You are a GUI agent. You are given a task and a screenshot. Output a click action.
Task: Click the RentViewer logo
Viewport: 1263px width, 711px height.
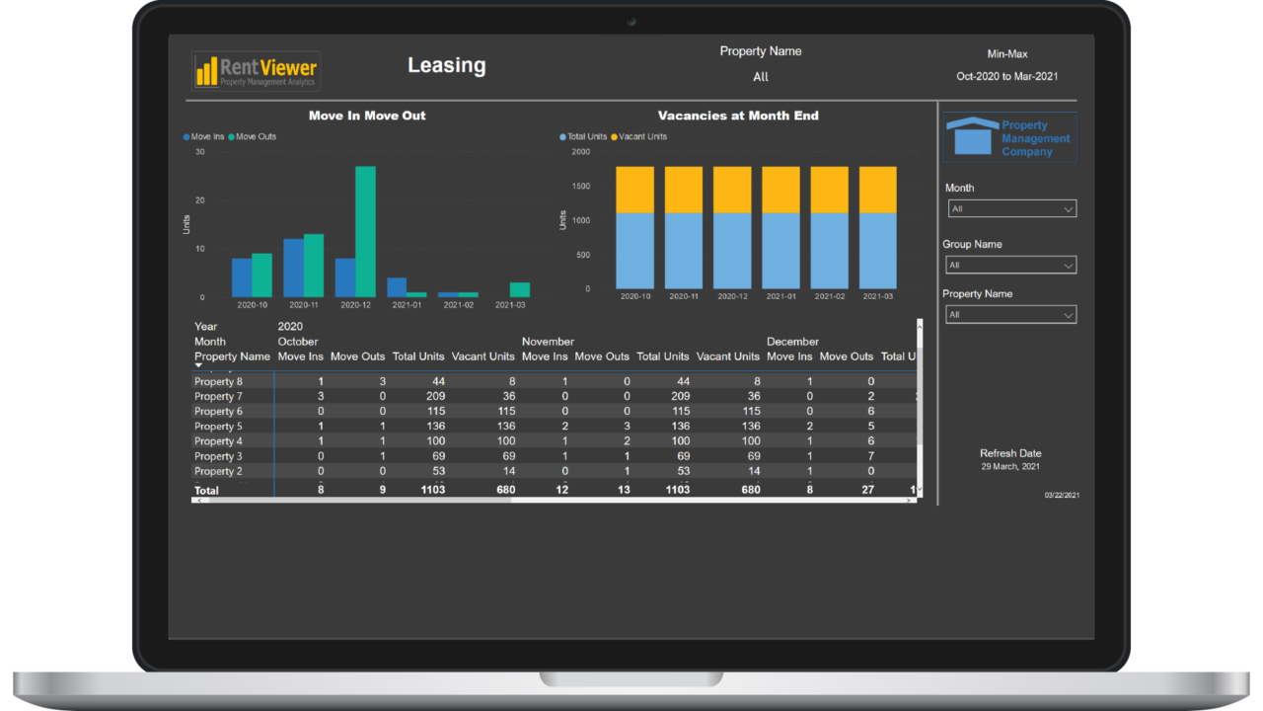(256, 71)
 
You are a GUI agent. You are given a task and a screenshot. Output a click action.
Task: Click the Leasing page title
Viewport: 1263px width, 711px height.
(446, 65)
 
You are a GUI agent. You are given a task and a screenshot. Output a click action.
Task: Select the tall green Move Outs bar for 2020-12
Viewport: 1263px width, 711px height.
(365, 231)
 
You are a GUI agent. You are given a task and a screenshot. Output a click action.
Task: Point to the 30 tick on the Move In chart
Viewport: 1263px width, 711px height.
(200, 152)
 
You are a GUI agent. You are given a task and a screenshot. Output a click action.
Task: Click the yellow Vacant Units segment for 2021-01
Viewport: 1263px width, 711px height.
(780, 190)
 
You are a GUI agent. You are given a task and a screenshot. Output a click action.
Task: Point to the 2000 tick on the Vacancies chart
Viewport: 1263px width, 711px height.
(580, 152)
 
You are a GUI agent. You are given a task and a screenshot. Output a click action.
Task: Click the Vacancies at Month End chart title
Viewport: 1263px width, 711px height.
(738, 116)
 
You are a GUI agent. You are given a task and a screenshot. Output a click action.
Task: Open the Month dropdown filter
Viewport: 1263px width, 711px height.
(1011, 208)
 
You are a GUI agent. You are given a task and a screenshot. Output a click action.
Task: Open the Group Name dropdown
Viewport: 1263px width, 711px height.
(1011, 265)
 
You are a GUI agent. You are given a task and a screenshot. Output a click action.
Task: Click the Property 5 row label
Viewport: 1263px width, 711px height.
(218, 427)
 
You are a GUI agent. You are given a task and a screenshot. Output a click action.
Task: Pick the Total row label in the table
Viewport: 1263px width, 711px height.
(206, 490)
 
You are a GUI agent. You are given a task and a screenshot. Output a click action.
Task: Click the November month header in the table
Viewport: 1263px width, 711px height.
(548, 342)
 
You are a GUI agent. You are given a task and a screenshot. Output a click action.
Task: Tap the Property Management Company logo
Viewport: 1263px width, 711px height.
(1009, 138)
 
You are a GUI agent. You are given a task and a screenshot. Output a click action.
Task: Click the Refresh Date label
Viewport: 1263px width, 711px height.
(1010, 453)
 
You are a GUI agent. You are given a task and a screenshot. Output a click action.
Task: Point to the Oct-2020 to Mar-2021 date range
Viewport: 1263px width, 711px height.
(1006, 76)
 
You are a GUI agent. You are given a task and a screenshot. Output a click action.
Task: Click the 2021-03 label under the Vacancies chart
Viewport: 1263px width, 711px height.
(877, 296)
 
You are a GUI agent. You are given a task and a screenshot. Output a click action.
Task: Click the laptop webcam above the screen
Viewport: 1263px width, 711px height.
(631, 22)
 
